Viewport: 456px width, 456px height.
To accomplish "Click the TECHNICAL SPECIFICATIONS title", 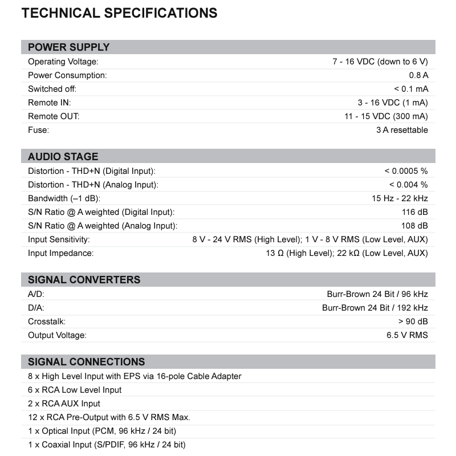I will (x=119, y=13).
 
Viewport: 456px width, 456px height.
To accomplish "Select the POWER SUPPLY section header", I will (x=69, y=47).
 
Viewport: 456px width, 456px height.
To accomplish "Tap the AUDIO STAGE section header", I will (x=63, y=157).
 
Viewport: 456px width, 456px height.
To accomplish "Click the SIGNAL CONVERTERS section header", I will (x=84, y=280).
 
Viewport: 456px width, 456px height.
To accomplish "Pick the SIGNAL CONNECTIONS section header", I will (x=87, y=362).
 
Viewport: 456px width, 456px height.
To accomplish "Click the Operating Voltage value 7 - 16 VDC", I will (x=380, y=62).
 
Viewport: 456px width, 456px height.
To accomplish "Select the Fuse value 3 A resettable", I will (x=401, y=130).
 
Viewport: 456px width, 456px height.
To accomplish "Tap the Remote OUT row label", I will (x=54, y=116).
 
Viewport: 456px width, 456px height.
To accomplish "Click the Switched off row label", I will (x=52, y=89).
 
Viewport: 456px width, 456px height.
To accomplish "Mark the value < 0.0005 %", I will (x=406, y=171).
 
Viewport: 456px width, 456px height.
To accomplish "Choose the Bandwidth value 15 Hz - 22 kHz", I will (x=400, y=198).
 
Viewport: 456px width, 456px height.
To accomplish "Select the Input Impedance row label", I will (x=61, y=253).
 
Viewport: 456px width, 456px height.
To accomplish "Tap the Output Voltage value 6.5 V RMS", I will (x=407, y=335).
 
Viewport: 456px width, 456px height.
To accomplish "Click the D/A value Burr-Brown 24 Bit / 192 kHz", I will (x=375, y=308).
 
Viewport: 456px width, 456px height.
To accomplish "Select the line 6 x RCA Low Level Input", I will (x=75, y=390).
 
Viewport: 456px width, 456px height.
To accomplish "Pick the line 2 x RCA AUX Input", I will (x=64, y=404).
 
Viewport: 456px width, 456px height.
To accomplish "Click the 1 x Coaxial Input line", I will (x=107, y=445).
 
